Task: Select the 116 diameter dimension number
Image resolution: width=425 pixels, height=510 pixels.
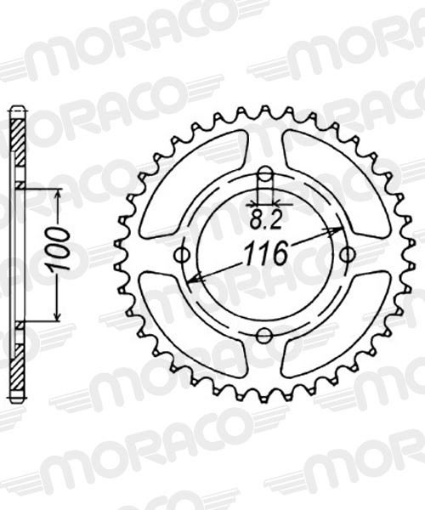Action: pos(265,253)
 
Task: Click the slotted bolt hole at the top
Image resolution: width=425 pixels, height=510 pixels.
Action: pos(265,180)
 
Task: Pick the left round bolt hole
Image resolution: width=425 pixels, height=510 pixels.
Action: pos(181,255)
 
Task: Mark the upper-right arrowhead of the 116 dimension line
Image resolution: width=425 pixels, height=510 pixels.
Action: pos(337,230)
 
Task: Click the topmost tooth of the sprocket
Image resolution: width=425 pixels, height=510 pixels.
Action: pos(264,110)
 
